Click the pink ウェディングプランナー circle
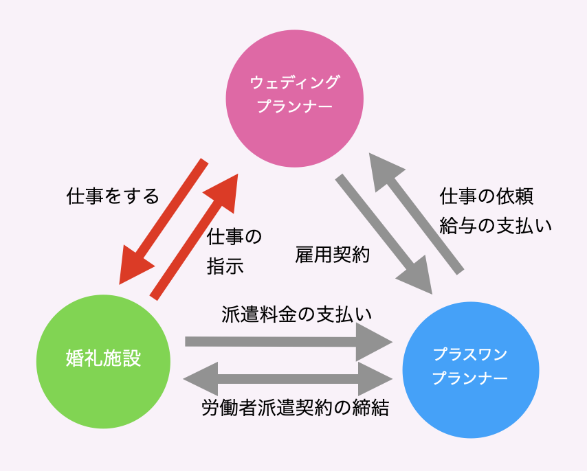pyautogui.click(x=293, y=130)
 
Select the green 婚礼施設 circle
pyautogui.click(x=104, y=358)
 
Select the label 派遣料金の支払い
pyautogui.click(x=296, y=314)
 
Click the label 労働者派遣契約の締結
pyautogui.click(x=296, y=409)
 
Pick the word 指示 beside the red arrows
pyautogui.click(x=225, y=266)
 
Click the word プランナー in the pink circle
pyautogui.click(x=293, y=108)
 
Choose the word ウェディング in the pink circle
pyautogui.click(x=294, y=83)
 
